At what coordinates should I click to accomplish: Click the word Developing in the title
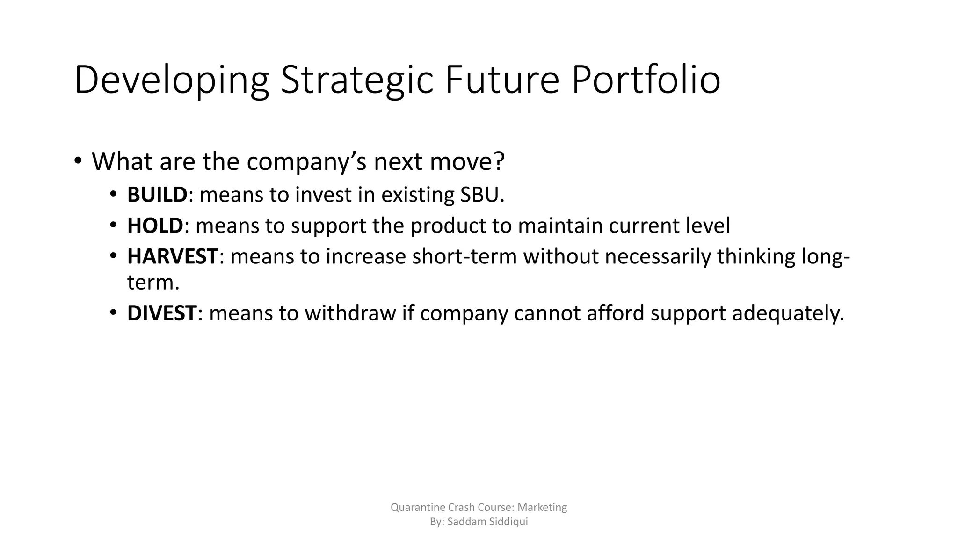171,80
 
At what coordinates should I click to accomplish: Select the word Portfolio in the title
646,80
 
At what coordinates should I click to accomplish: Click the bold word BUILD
157,195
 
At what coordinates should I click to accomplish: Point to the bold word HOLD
155,226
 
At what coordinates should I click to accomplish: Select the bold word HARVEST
172,257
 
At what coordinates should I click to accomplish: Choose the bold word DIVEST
162,313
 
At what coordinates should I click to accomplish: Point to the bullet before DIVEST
113,313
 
